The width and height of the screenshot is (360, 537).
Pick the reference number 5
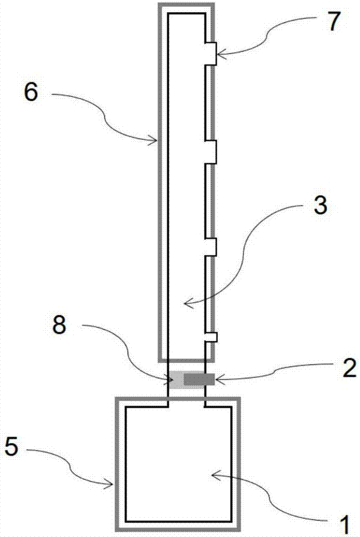[11, 447]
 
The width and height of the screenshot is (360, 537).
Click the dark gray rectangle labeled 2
[199, 379]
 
